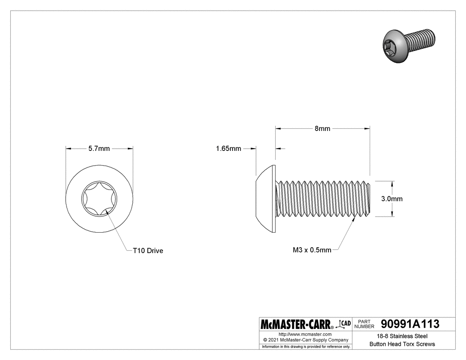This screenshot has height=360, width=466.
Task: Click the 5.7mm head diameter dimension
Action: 99,149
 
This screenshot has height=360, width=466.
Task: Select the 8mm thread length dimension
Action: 322,129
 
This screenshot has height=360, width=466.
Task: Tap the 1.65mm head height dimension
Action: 228,149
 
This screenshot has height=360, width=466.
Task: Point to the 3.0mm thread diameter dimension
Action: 392,199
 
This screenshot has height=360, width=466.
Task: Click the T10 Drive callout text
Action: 148,251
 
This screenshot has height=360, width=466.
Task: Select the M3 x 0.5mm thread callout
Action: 312,250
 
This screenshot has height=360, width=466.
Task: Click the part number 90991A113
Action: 410,324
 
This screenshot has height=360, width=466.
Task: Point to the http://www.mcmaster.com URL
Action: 305,334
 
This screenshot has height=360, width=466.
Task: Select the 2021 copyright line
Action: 305,340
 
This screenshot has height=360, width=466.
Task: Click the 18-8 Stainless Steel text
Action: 402,336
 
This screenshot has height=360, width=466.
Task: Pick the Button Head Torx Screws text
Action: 402,344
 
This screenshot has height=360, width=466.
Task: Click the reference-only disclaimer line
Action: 305,346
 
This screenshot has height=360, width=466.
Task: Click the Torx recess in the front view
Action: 99,198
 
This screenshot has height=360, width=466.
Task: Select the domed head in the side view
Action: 267,198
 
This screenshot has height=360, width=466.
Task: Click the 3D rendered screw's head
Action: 395,46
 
